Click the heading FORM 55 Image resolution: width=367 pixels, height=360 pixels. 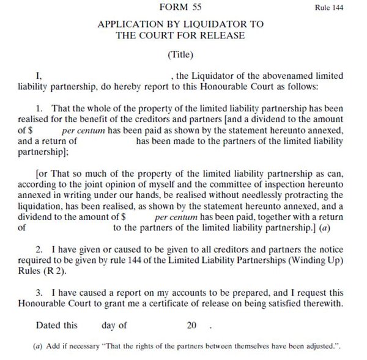[x=180, y=8]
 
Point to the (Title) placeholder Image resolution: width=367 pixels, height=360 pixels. [x=180, y=54]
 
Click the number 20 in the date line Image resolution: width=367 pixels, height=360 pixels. [x=192, y=326]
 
